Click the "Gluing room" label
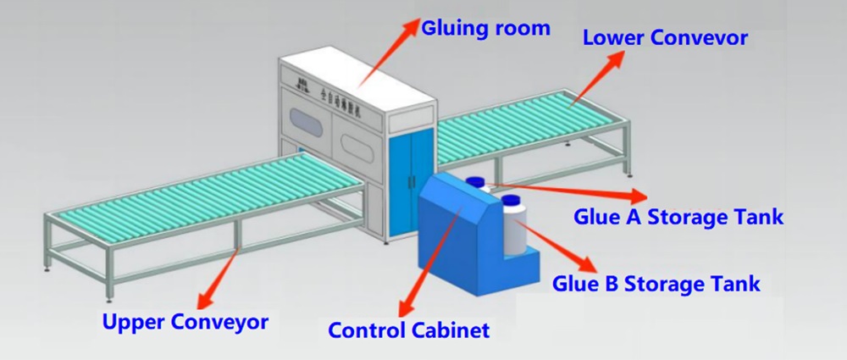click(486, 29)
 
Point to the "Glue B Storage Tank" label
click(656, 282)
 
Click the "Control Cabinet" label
click(408, 330)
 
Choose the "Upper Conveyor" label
click(185, 322)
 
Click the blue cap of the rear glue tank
click(476, 180)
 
